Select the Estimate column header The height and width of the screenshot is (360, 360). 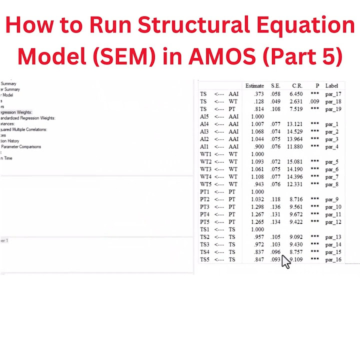(x=254, y=86)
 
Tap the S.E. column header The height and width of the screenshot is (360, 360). (x=276, y=86)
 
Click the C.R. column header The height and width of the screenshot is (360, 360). (x=297, y=86)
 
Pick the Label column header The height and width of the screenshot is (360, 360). (x=331, y=86)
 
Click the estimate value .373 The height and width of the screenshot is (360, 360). (x=258, y=94)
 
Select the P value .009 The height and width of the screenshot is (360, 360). (x=314, y=101)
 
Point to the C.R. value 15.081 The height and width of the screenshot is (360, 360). (x=294, y=162)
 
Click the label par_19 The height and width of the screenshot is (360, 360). (x=333, y=109)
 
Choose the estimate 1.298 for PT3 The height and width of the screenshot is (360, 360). (x=257, y=207)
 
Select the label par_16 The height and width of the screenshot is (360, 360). (x=333, y=260)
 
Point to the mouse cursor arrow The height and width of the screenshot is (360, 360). (x=284, y=260)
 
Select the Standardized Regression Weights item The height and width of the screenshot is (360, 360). (x=28, y=118)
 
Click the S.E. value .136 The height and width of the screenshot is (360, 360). (x=275, y=207)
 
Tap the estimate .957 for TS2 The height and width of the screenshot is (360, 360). (x=258, y=237)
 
